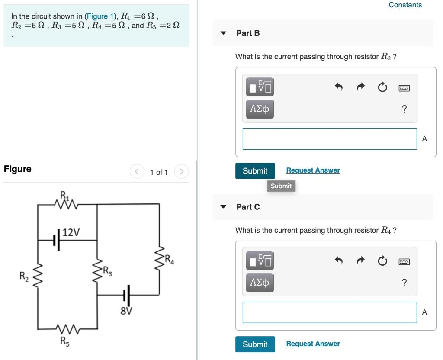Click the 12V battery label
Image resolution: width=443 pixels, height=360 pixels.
pos(71,232)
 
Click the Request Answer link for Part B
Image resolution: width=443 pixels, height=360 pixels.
pos(313,170)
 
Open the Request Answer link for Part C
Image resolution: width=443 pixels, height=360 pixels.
pos(313,344)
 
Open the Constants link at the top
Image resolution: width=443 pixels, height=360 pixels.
pos(405,5)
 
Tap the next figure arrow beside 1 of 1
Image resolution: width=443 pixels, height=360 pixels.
pos(182,172)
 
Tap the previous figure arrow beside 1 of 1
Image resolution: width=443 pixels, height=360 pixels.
pos(137,172)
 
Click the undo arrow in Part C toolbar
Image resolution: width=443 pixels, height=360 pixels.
pos(339,261)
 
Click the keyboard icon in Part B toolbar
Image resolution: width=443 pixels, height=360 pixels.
pos(404,88)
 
